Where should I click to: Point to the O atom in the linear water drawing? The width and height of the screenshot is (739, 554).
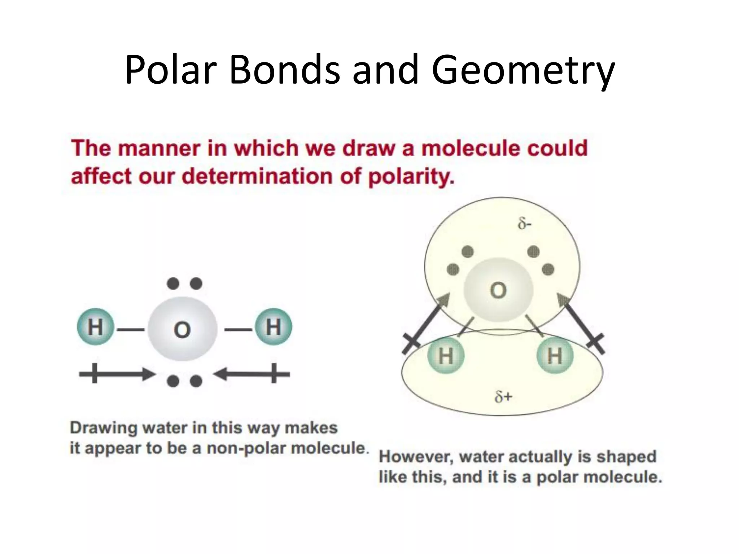[182, 329]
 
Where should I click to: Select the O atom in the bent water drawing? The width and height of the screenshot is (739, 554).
[498, 290]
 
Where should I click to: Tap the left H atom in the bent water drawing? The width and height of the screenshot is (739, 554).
[446, 356]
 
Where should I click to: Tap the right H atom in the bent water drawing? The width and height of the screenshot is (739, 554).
[555, 356]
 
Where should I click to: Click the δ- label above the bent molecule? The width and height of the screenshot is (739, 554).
[524, 224]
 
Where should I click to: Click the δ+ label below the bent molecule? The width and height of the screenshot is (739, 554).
[503, 397]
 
